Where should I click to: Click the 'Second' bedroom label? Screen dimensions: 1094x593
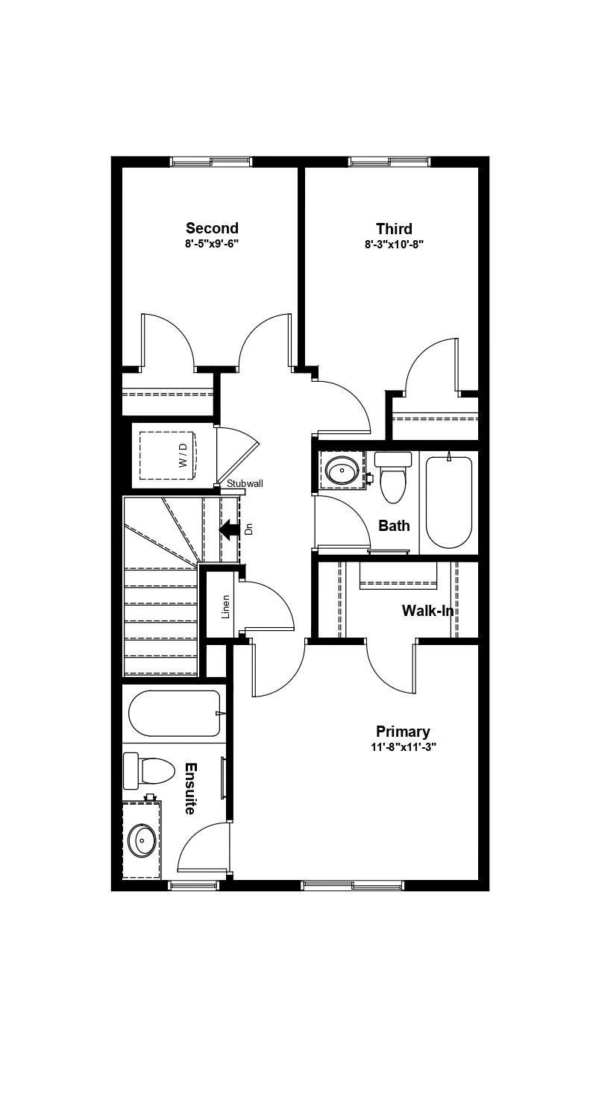point(212,228)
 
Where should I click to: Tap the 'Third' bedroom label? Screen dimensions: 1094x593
point(394,228)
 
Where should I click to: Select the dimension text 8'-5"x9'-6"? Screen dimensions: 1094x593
point(212,244)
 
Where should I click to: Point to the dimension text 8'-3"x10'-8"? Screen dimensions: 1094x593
point(394,244)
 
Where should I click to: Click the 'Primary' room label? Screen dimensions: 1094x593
point(403,732)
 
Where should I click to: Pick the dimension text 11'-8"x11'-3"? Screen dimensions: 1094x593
point(403,746)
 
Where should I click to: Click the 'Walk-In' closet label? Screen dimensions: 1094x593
point(427,611)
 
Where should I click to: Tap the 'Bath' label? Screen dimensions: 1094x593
point(394,526)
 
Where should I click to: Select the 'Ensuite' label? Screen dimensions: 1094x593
point(190,788)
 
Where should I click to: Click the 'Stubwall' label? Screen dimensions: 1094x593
point(245,483)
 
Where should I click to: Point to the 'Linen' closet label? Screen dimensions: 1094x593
point(225,606)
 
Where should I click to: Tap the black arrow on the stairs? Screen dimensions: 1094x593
point(229,529)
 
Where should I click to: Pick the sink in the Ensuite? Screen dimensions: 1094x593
point(141,840)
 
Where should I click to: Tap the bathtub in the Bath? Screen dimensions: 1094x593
point(448,502)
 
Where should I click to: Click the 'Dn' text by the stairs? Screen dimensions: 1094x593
point(249,529)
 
